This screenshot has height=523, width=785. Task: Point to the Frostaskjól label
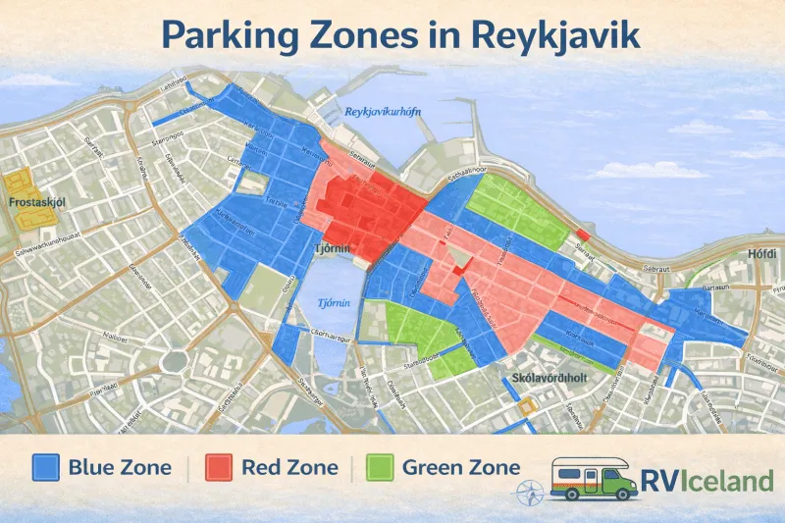pos(36,203)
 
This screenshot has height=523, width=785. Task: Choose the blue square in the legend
pos(45,467)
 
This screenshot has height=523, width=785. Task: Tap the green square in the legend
pos(379,467)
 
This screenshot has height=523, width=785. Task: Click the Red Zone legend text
pos(288,467)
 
